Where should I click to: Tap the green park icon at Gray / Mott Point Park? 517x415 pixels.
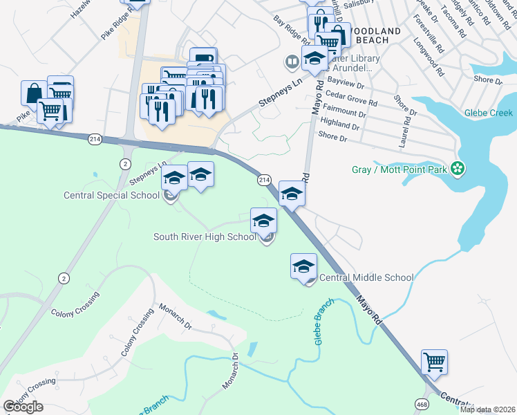coord(456,168)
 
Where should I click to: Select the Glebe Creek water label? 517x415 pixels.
coord(489,113)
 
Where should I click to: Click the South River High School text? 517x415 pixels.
coord(205,237)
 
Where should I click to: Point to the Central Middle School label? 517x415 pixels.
coord(367,278)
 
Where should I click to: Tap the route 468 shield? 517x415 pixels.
coord(420,403)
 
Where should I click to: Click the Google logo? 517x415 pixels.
coord(23,407)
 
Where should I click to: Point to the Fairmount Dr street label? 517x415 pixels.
coord(344,113)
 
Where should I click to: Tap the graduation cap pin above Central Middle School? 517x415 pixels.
coord(303,266)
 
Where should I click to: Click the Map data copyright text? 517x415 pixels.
coord(487,409)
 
